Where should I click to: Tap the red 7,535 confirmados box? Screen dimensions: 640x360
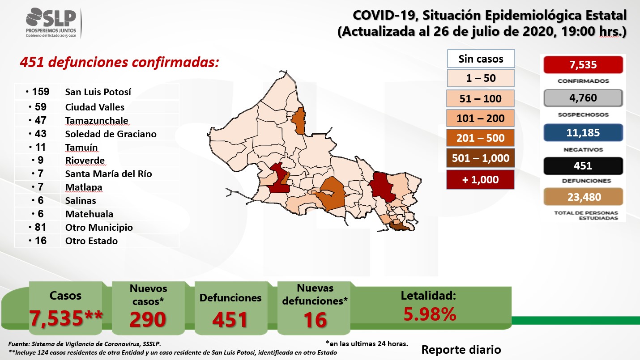(583, 65)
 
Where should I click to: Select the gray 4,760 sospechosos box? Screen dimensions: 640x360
(583, 98)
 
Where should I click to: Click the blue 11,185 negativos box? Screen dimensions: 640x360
(583, 132)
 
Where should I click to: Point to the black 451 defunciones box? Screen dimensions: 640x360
(583, 166)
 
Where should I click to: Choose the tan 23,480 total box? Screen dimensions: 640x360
(583, 197)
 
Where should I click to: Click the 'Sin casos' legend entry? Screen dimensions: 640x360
(481, 59)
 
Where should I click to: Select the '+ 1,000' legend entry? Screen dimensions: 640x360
(480, 180)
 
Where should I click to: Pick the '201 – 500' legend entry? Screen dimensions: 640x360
(480, 138)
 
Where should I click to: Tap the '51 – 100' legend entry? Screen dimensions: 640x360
(480, 98)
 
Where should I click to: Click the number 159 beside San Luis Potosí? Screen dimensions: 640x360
(41, 92)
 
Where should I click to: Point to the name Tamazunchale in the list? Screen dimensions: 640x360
(97, 120)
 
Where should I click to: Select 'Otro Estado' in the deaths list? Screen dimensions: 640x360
(91, 241)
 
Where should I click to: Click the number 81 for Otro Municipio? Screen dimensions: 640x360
(40, 227)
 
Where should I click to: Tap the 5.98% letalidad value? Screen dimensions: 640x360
(430, 314)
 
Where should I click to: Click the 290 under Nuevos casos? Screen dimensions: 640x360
(148, 319)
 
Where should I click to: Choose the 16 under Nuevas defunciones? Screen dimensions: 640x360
(315, 320)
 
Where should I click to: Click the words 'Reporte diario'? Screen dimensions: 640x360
(461, 350)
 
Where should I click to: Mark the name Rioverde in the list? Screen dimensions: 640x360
(85, 161)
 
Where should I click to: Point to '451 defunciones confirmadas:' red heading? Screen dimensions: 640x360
(119, 62)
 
